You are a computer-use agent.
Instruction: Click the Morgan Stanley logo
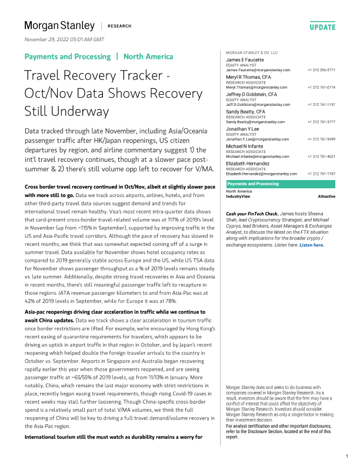click(59, 26)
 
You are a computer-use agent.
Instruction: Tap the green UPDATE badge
click(322, 27)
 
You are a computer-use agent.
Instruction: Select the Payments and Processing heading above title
click(67, 56)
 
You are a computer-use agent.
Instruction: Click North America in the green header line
click(148, 56)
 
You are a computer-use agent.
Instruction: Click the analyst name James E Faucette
click(246, 60)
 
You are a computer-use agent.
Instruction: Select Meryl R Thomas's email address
click(258, 87)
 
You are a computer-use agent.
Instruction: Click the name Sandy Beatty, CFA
click(246, 111)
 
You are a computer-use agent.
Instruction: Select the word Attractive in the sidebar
click(326, 196)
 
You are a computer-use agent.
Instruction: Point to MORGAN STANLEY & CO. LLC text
click(252, 53)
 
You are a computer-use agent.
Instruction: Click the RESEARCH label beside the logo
click(119, 26)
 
